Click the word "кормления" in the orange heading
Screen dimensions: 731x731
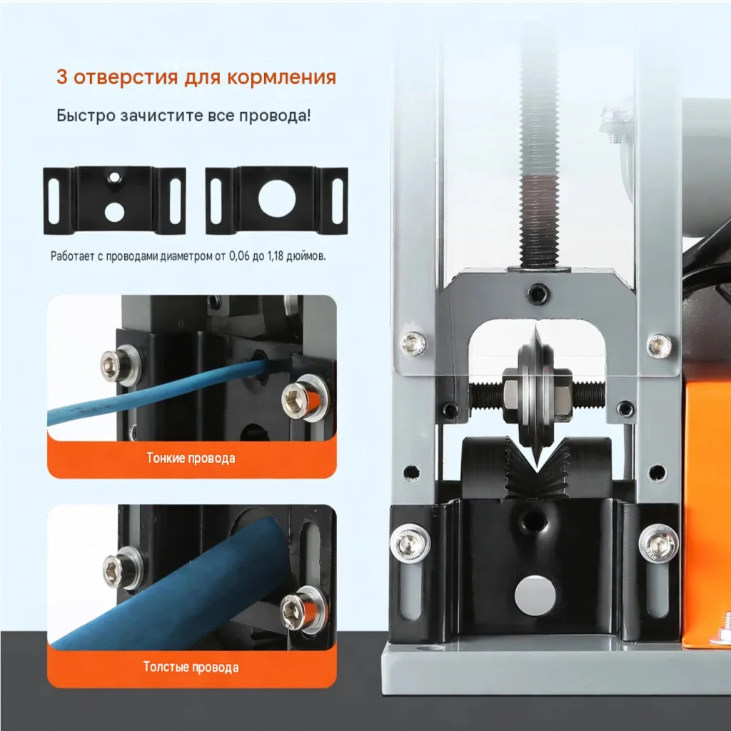[x=281, y=77]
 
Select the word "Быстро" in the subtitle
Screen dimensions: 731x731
[x=86, y=115]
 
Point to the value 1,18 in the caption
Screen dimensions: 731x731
[x=275, y=256]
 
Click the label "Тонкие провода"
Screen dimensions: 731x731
[x=191, y=458]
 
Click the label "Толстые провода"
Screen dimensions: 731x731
[x=191, y=667]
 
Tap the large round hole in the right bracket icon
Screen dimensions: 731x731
[x=277, y=198]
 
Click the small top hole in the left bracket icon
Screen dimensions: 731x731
[x=114, y=177]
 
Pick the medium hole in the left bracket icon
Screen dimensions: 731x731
[x=114, y=211]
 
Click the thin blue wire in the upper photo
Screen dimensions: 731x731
[x=154, y=393]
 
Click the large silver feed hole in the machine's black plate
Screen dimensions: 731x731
[x=535, y=595]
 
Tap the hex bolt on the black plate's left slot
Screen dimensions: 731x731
[x=410, y=543]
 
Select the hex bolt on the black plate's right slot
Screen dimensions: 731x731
[x=659, y=543]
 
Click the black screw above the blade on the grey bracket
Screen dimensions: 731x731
[x=538, y=293]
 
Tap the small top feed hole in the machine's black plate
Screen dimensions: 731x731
[x=534, y=520]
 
